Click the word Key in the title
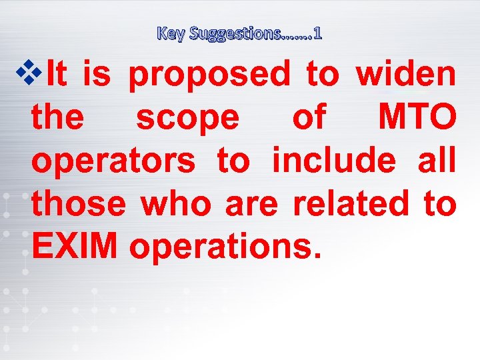click(171, 33)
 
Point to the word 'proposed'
click(209, 75)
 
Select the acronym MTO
click(417, 118)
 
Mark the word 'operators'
click(113, 162)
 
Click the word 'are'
click(251, 205)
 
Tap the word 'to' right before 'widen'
click(323, 74)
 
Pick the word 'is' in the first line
click(97, 74)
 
